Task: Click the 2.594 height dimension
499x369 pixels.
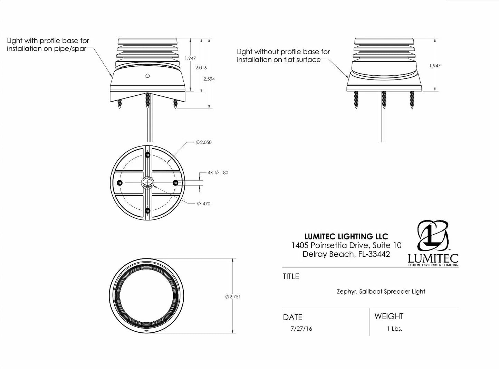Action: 209,79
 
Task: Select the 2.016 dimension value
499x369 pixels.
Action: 201,68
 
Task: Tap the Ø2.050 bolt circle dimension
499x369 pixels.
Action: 203,142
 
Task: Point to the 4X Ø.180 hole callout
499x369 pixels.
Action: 218,172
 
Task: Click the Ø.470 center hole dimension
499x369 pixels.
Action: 203,204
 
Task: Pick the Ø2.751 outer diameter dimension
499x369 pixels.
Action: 233,296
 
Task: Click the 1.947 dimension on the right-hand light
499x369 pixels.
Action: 435,65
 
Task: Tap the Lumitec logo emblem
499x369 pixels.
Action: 433,237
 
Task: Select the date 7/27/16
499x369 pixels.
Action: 301,329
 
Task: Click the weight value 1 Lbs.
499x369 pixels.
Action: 395,329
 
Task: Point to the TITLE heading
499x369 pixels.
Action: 291,276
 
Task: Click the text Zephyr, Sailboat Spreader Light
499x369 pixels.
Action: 381,291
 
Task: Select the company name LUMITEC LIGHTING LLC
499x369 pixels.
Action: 346,237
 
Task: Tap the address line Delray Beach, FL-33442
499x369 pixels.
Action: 346,254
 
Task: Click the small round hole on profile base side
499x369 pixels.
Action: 147,76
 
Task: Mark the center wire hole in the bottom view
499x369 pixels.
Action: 147,183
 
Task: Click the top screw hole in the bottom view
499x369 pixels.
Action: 147,155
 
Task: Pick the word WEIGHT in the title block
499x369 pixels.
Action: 388,316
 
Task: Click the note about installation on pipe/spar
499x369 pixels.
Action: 48,45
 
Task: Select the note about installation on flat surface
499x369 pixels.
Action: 283,56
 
